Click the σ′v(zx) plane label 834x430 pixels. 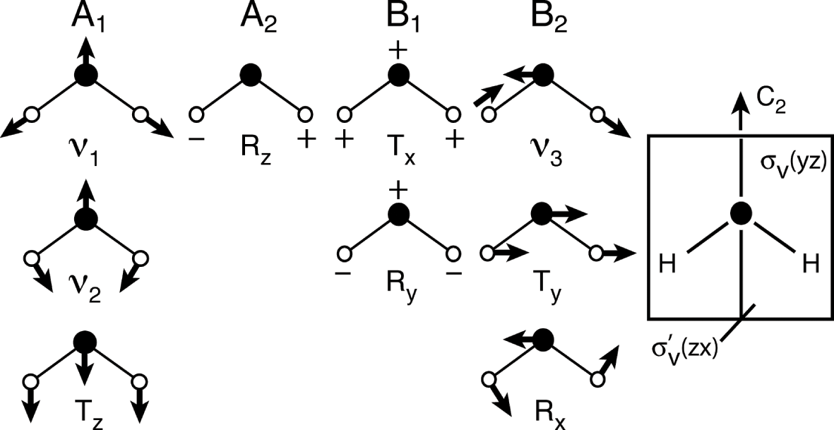coord(684,349)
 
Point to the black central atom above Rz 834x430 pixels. coord(249,74)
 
